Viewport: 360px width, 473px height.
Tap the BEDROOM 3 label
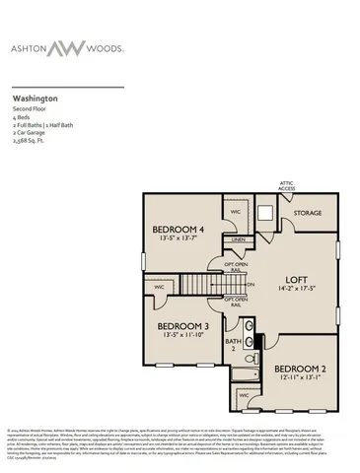click(183, 325)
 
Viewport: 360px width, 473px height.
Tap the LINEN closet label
click(239, 239)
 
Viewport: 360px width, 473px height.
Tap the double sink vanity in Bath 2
click(249, 329)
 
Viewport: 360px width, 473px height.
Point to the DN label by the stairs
click(251, 285)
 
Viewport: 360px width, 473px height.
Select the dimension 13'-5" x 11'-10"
click(183, 335)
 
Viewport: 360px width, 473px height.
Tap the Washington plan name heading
click(35, 100)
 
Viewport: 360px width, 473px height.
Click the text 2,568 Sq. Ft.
click(31, 142)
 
